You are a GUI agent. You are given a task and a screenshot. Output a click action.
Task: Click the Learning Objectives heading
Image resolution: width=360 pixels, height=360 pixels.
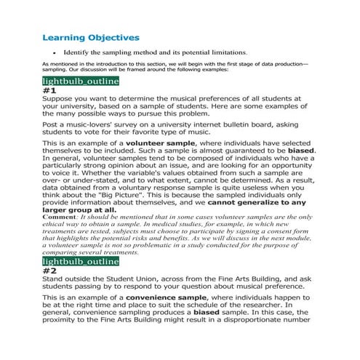tap(91, 37)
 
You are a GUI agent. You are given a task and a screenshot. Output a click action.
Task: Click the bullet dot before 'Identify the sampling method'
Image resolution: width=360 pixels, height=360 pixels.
tap(55, 53)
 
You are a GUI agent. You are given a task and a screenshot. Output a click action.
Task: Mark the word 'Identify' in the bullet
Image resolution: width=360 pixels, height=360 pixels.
tap(78, 53)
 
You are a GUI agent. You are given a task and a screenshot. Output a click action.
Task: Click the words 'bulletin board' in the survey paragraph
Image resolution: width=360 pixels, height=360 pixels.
tap(236, 125)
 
